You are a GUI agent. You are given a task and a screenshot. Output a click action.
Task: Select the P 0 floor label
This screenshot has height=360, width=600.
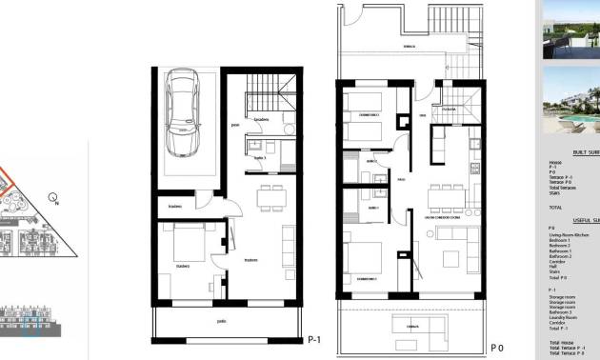pos(495,346)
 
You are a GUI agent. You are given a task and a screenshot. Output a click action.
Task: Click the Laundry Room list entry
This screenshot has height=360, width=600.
pos(563,315)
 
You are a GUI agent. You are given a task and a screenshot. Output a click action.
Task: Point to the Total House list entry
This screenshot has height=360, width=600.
pos(561,341)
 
